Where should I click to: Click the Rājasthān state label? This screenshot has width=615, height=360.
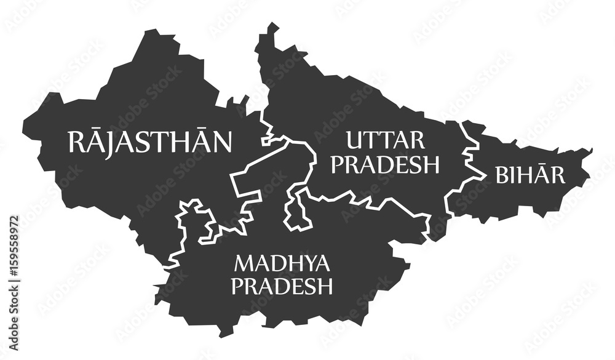(x=150, y=142)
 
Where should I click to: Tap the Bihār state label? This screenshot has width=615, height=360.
(x=530, y=175)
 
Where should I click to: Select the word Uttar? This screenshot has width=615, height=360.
(x=386, y=141)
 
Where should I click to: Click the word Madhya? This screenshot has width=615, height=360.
(x=282, y=264)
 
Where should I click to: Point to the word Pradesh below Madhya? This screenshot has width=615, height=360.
(x=284, y=286)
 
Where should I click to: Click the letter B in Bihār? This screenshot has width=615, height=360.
(x=501, y=175)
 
